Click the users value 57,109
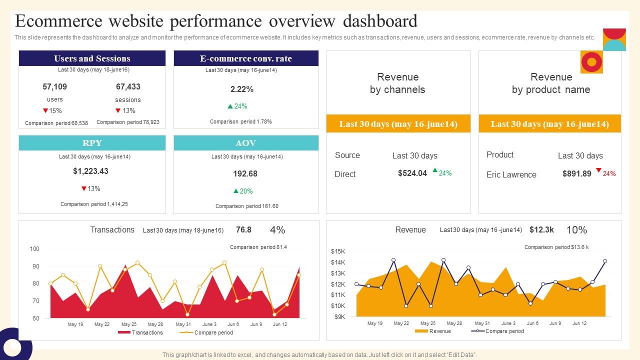coord(54,86)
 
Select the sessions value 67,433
coord(128,86)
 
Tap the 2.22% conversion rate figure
coord(242,89)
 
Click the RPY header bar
coord(92,143)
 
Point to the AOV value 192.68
coord(245,173)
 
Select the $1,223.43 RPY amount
coord(90,171)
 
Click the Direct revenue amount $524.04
coord(412,173)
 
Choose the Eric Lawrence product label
coord(511,174)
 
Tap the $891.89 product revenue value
coord(576,173)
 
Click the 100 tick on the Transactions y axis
coord(34,249)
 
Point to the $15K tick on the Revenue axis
coord(338,251)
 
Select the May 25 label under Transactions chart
coord(129,324)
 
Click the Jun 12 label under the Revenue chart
coord(579,323)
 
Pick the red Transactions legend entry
coord(140,332)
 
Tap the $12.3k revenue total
coord(541,229)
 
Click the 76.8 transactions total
coord(243,229)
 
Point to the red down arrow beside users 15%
coord(45,110)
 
